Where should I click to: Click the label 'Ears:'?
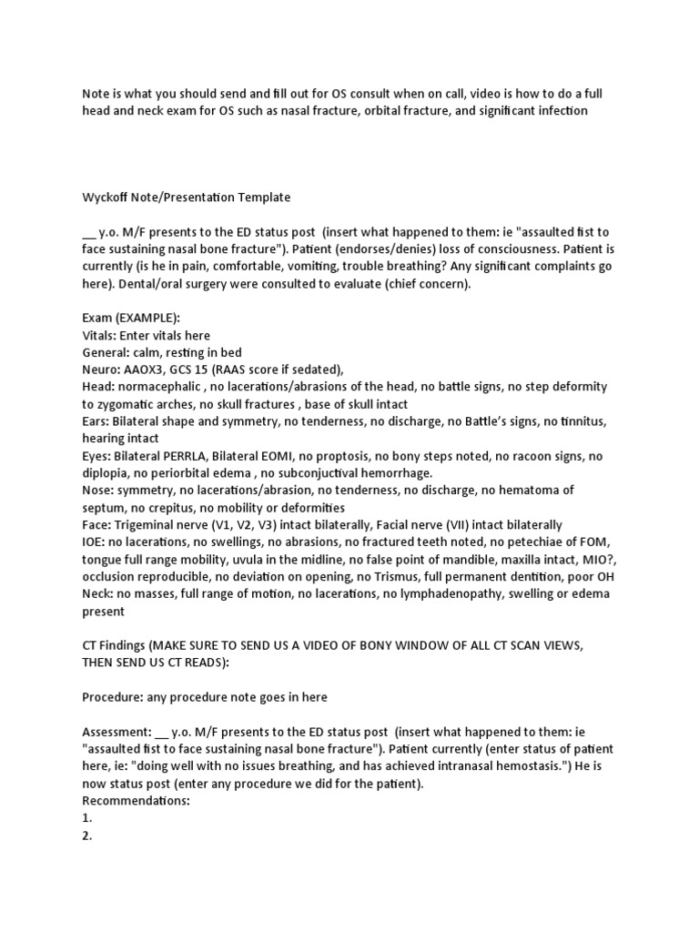point(96,421)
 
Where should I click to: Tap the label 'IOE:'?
point(94,542)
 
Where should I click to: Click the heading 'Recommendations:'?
point(136,801)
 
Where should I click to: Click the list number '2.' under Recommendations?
point(87,836)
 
